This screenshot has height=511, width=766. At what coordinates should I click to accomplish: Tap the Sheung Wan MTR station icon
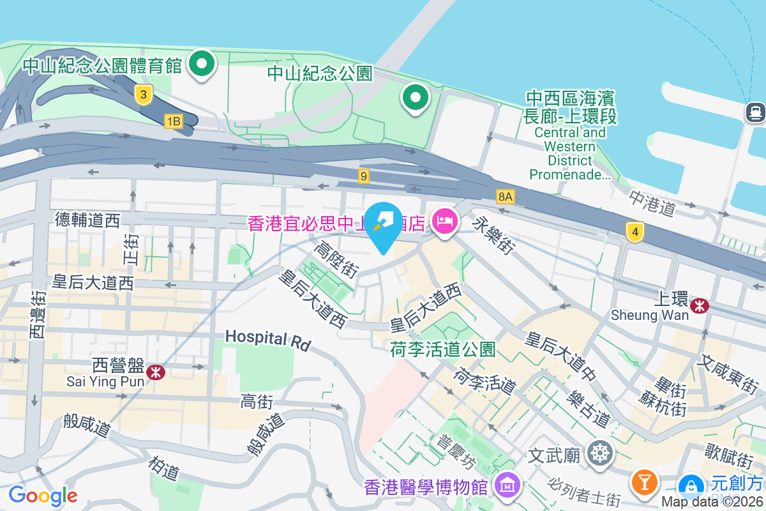(700, 306)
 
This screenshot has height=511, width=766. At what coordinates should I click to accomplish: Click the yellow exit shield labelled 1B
(173, 121)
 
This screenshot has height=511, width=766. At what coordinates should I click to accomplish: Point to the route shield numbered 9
(364, 176)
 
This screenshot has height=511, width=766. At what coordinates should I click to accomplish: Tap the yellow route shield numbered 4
(634, 232)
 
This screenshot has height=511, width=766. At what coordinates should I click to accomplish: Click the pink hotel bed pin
(444, 222)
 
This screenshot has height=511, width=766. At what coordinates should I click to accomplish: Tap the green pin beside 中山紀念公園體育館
(202, 64)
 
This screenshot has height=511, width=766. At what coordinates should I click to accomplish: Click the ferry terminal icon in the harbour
(755, 112)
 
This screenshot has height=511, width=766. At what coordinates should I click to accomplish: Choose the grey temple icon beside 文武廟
(600, 454)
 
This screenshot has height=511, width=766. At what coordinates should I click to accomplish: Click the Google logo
(43, 495)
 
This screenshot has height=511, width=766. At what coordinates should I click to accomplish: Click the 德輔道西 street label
(87, 221)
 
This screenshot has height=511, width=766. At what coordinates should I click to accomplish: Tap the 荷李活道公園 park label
(442, 349)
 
